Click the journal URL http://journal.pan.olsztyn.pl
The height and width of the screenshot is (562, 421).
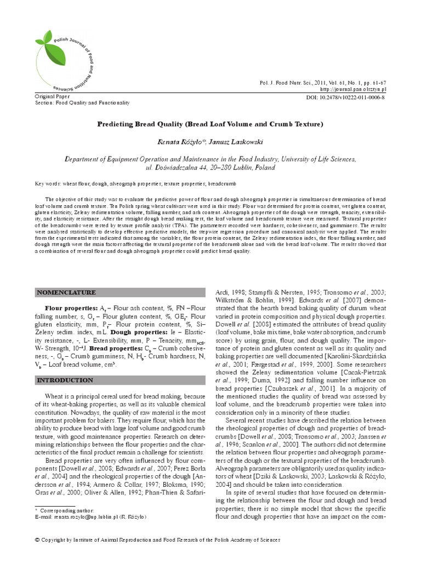tap(353, 89)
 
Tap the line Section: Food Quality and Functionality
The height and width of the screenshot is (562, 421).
tap(82, 103)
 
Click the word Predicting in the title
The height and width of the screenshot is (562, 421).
tap(118, 124)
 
